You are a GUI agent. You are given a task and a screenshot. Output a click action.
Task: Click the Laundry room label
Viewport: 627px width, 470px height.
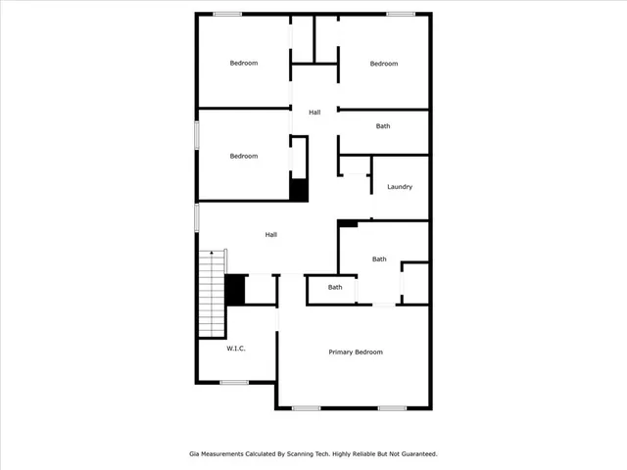click(x=399, y=187)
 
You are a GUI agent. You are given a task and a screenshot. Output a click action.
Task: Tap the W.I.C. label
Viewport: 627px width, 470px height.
click(x=235, y=349)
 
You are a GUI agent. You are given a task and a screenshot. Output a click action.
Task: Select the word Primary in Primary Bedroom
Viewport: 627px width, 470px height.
click(x=341, y=352)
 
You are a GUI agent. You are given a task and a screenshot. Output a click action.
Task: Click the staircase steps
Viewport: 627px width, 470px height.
click(x=213, y=294)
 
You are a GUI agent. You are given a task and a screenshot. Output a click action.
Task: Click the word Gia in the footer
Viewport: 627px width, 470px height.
click(x=194, y=454)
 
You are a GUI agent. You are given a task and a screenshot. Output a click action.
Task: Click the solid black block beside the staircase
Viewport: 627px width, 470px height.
click(x=235, y=290)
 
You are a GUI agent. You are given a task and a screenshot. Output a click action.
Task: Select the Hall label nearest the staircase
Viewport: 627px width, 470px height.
click(x=271, y=235)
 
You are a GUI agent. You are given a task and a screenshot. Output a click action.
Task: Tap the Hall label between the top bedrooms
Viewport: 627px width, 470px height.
click(x=314, y=113)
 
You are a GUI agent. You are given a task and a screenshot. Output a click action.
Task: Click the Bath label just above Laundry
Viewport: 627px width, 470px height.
click(x=383, y=126)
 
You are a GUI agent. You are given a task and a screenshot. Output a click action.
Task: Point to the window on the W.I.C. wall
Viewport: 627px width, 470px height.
click(x=234, y=382)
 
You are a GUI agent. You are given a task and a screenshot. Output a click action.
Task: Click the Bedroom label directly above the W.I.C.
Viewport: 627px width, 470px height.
click(x=244, y=156)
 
